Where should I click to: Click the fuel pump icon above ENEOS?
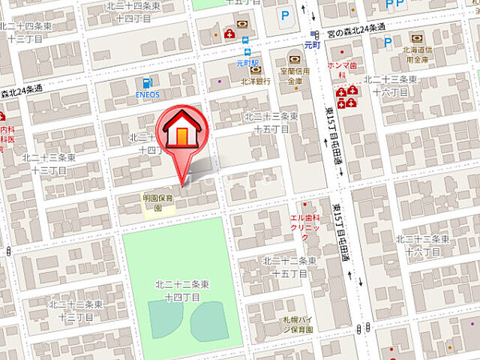pos(147,82)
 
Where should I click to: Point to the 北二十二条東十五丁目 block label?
pos(286,265)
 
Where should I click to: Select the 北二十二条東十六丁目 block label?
pos(422,244)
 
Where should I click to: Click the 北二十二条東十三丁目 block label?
pos(75,309)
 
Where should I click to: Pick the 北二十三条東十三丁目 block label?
pos(49,162)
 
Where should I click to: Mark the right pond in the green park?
pos(208,321)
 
